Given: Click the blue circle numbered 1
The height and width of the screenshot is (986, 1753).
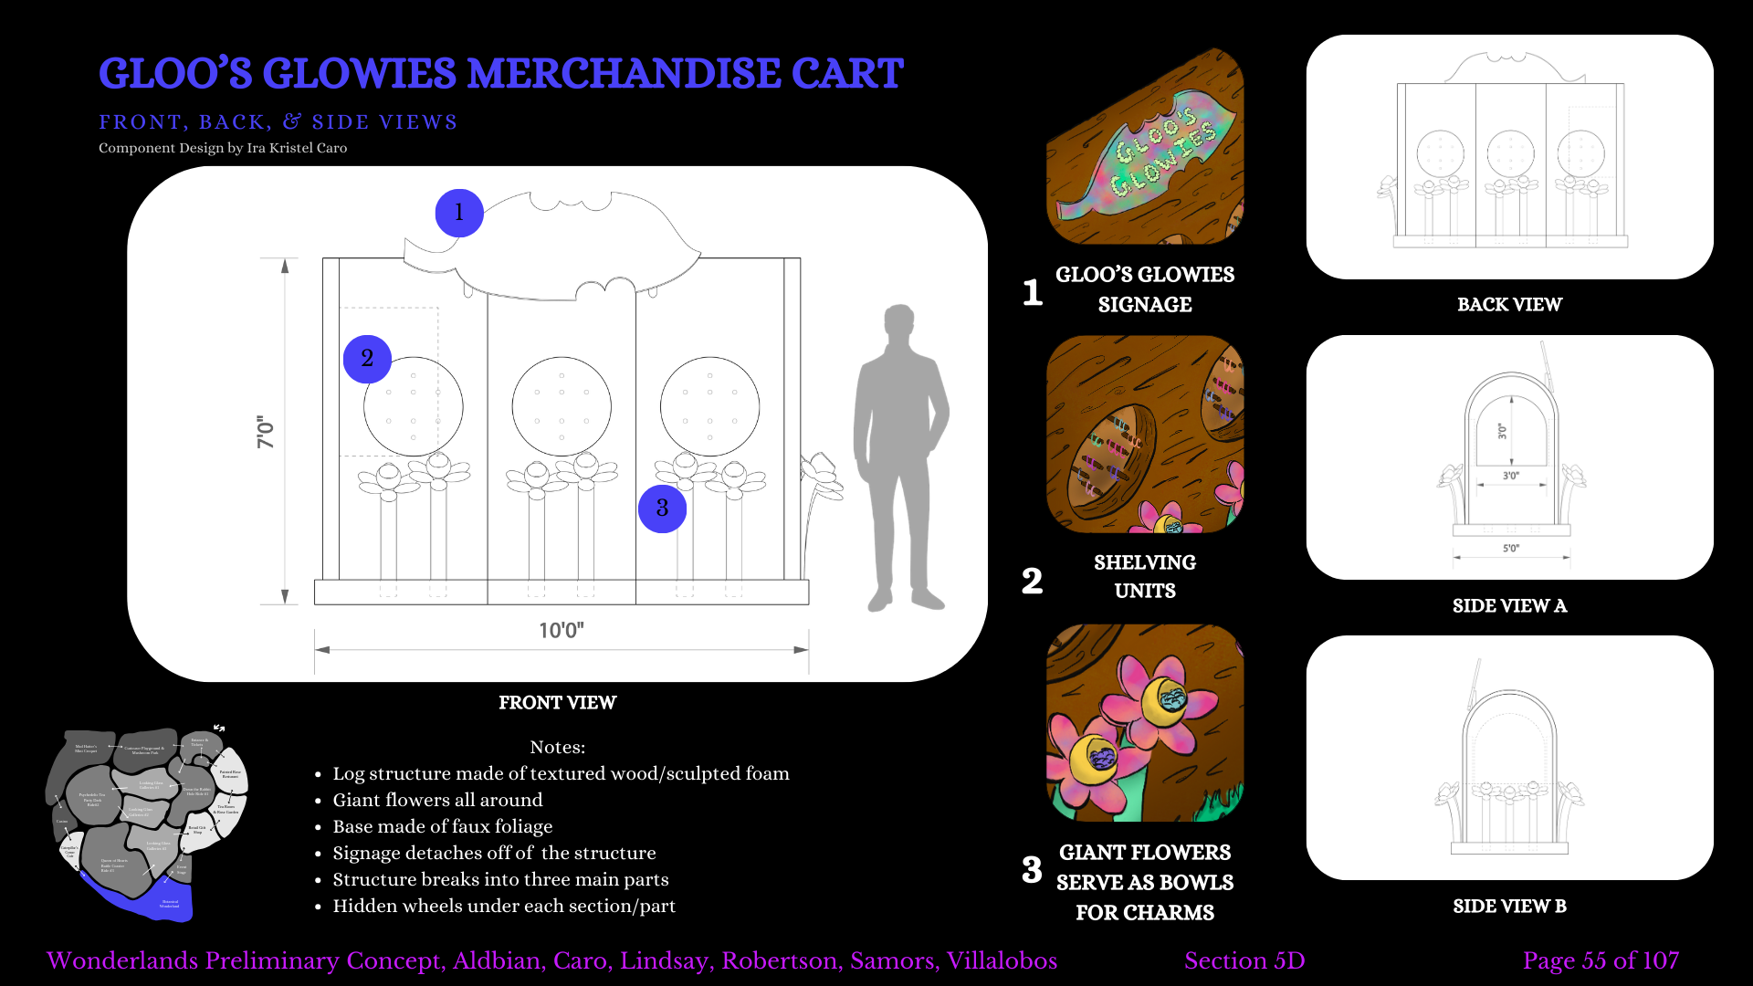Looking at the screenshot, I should (x=458, y=213).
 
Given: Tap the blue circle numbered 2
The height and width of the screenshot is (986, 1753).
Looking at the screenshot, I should (x=367, y=359).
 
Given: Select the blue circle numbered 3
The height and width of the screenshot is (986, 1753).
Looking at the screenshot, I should (x=662, y=509).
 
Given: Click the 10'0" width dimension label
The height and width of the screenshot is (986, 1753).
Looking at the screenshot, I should (x=561, y=630).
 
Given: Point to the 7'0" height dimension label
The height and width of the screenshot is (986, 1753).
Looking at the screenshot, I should (x=266, y=432).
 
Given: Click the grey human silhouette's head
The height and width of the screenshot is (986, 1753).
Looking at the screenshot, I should (x=899, y=322).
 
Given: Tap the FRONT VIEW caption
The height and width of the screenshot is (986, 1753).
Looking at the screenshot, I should (x=557, y=702).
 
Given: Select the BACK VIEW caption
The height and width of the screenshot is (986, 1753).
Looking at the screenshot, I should (x=1509, y=305).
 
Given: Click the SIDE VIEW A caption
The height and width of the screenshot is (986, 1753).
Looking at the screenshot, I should (x=1509, y=605).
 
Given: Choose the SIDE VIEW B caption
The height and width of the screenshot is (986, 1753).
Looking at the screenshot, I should (x=1509, y=906).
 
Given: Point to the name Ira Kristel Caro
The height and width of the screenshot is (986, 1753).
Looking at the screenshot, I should (x=297, y=148).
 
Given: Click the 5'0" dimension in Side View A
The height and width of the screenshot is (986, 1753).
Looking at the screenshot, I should (x=1511, y=549).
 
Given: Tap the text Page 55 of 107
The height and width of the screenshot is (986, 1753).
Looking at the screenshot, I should (x=1601, y=960).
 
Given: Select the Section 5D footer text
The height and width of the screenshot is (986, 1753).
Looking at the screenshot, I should (x=1244, y=960).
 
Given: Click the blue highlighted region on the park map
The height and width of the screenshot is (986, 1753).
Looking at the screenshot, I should (x=137, y=899).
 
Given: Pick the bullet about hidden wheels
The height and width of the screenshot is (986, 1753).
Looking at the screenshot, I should (x=504, y=906).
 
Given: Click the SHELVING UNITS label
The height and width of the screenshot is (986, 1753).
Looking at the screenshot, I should (x=1145, y=576).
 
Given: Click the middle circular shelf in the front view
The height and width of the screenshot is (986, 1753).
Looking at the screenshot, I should (x=562, y=406).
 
